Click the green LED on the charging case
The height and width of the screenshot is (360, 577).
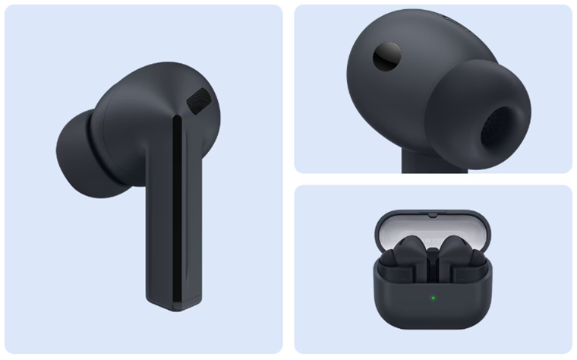434,297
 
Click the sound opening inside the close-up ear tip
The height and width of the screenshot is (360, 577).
503,125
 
